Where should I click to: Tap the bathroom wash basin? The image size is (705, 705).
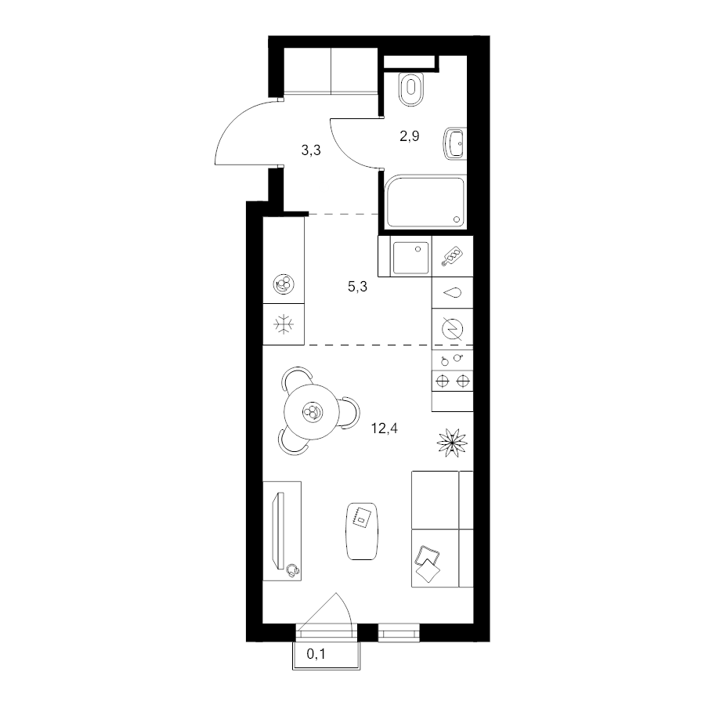click(454, 144)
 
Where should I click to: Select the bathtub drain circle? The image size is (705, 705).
click(457, 219)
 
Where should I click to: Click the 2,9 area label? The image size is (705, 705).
click(409, 136)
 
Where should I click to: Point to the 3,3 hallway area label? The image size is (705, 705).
click(311, 150)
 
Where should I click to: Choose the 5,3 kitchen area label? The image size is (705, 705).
click(357, 286)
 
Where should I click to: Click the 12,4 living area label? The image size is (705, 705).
click(384, 428)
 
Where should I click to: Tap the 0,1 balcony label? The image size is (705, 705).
click(316, 654)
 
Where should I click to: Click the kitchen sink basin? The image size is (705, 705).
click(411, 258)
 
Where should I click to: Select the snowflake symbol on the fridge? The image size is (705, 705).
click(284, 324)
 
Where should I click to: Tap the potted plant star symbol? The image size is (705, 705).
click(452, 443)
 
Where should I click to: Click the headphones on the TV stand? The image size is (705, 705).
click(293, 570)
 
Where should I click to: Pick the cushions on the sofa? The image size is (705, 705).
click(428, 563)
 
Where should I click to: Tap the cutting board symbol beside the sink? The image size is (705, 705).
click(453, 256)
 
